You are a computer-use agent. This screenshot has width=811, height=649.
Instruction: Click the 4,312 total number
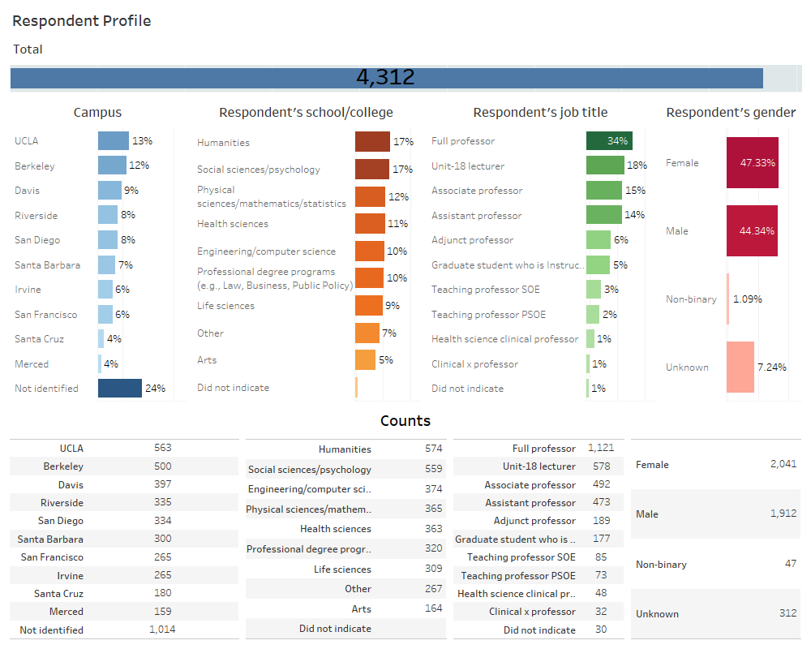(385, 78)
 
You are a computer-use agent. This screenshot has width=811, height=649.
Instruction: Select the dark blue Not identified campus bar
(120, 389)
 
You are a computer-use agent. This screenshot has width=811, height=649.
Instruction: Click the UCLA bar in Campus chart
(114, 141)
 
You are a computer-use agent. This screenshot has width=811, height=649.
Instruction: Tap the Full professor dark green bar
(609, 141)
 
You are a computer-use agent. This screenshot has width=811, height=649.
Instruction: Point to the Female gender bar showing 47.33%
(753, 162)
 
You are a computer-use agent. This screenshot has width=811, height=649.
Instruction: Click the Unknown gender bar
(741, 367)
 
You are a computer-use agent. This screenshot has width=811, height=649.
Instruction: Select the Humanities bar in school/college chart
(372, 142)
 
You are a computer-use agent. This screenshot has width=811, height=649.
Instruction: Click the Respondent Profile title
(82, 21)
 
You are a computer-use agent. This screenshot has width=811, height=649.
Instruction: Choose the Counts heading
(405, 420)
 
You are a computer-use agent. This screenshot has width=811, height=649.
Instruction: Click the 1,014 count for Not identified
(162, 630)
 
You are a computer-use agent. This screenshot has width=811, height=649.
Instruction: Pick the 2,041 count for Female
(783, 465)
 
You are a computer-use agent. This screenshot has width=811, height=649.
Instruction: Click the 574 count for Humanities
(433, 449)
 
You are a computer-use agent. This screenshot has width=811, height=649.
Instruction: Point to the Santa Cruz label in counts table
(58, 593)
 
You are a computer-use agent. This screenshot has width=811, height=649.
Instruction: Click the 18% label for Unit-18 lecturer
(637, 165)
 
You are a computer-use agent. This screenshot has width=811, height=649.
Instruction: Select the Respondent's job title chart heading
(540, 113)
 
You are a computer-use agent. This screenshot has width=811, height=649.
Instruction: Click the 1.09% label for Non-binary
(747, 299)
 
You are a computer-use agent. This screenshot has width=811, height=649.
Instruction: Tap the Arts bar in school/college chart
(365, 360)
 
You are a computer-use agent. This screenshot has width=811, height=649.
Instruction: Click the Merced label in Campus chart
(32, 364)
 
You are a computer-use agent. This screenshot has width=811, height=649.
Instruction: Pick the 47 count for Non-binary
(790, 564)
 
